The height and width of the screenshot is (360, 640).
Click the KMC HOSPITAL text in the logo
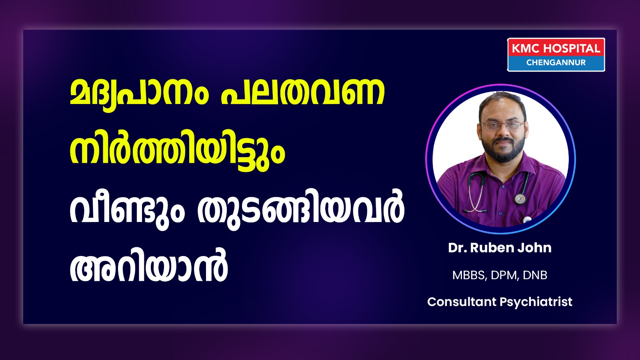556,48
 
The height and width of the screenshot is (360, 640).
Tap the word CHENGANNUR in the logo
556,62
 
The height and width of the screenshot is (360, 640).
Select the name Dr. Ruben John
500,248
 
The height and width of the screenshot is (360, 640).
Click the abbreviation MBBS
469,275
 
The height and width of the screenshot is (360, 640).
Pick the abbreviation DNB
535,275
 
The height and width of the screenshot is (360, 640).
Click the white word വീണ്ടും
127,212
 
